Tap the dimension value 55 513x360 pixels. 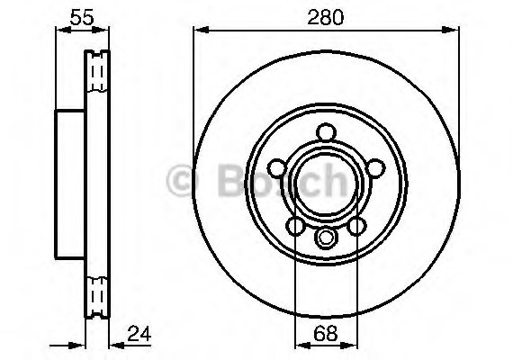(x=82, y=14)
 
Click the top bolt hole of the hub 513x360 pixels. (x=326, y=135)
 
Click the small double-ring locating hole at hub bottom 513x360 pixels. (x=326, y=238)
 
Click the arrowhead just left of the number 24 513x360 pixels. (x=113, y=343)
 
